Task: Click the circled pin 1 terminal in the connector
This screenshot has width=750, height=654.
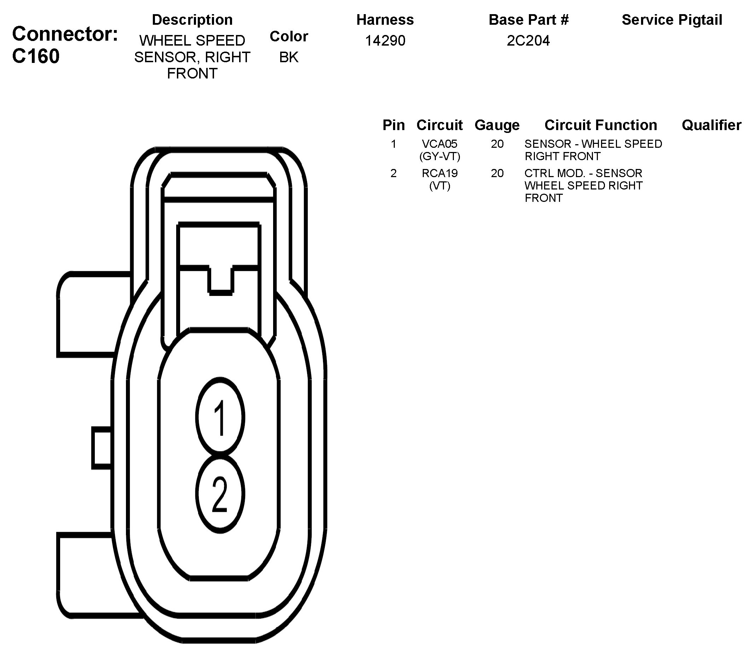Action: (x=220, y=417)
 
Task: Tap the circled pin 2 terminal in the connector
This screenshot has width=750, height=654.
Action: (x=220, y=495)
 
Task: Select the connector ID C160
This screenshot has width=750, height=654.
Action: (x=36, y=57)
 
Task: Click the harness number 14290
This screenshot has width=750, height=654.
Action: (x=385, y=41)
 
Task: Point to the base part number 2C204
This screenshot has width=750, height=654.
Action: (x=528, y=41)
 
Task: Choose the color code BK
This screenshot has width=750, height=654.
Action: (x=288, y=57)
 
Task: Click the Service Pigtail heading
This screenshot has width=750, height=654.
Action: (x=671, y=20)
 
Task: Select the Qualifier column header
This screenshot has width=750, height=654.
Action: (x=711, y=125)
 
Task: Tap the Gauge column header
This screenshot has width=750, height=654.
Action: (x=497, y=125)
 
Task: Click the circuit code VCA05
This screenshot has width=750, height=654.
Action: (x=439, y=144)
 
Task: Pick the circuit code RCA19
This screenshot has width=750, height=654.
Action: (x=439, y=173)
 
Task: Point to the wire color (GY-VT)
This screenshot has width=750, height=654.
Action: (x=439, y=157)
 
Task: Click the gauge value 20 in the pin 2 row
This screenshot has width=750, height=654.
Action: (x=497, y=173)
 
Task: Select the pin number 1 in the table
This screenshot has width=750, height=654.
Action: (x=393, y=144)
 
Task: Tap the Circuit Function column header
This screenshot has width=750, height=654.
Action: (x=600, y=125)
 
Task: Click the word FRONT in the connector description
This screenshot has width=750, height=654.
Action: (x=192, y=74)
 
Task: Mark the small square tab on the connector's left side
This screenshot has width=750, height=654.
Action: (x=102, y=448)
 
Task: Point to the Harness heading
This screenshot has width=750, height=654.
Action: (x=385, y=20)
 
